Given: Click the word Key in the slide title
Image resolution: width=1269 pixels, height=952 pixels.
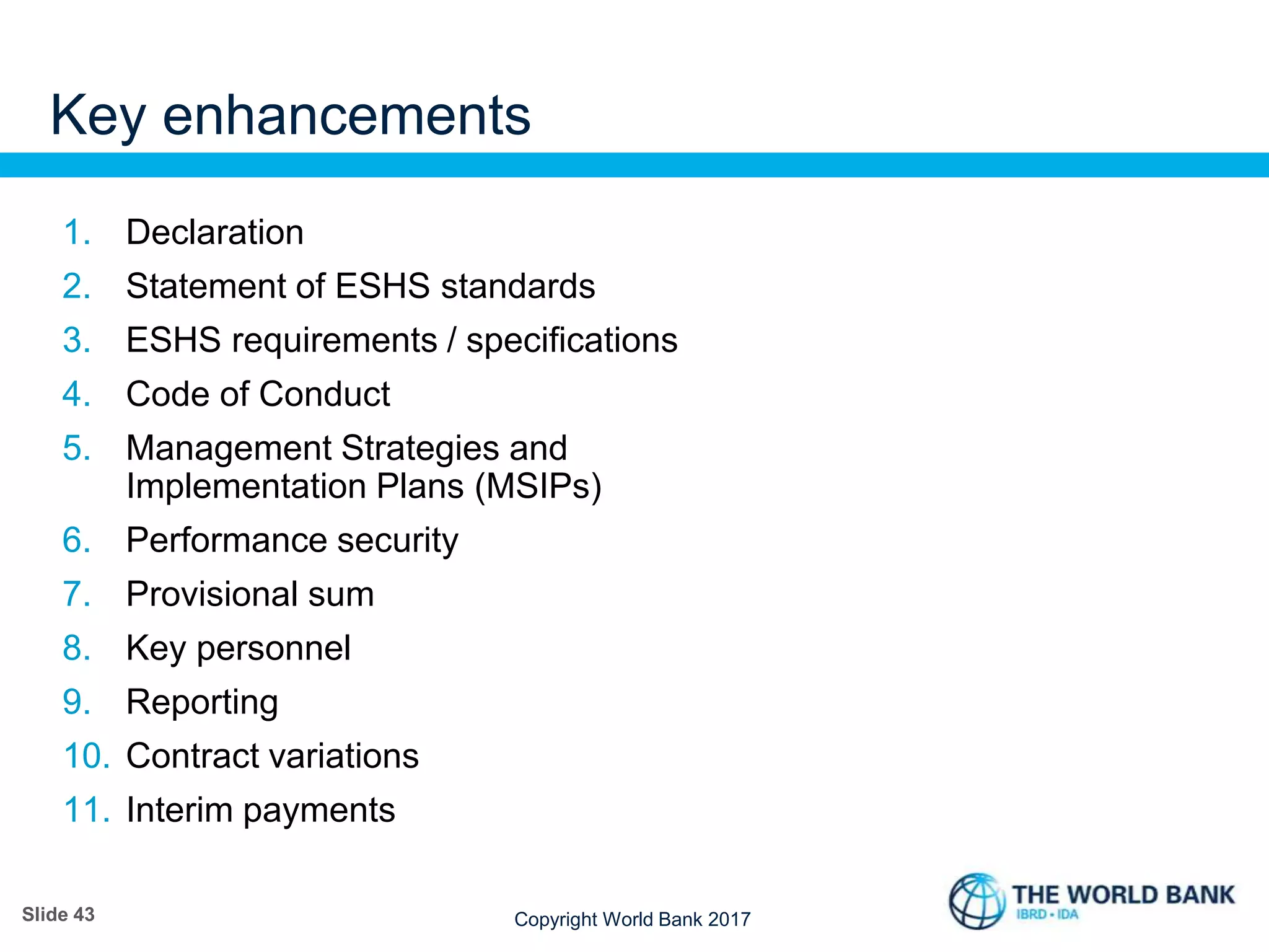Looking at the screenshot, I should (98, 117).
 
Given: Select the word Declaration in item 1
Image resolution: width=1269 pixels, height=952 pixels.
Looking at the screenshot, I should (214, 232).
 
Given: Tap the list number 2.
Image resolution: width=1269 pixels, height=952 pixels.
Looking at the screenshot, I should (76, 286).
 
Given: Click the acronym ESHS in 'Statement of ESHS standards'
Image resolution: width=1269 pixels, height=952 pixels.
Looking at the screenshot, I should (382, 286).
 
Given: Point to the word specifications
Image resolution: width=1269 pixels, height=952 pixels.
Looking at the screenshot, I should (571, 341).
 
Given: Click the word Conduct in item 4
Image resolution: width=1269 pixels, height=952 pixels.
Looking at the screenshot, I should (324, 394).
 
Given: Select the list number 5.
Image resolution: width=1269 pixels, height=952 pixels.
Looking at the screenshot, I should (76, 448).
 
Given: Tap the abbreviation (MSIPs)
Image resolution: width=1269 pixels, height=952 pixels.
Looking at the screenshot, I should (538, 487).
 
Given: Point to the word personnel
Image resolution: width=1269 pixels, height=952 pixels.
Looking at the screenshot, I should (273, 648).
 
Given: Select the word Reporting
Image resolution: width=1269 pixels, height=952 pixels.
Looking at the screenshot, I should (202, 703).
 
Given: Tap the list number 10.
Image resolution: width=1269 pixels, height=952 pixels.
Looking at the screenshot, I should (86, 756).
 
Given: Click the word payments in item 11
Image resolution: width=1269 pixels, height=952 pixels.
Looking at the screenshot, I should (319, 811).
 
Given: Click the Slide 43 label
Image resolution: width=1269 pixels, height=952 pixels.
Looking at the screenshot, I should (58, 914).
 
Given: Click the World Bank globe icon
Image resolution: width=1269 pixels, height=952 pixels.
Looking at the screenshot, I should (977, 901).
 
